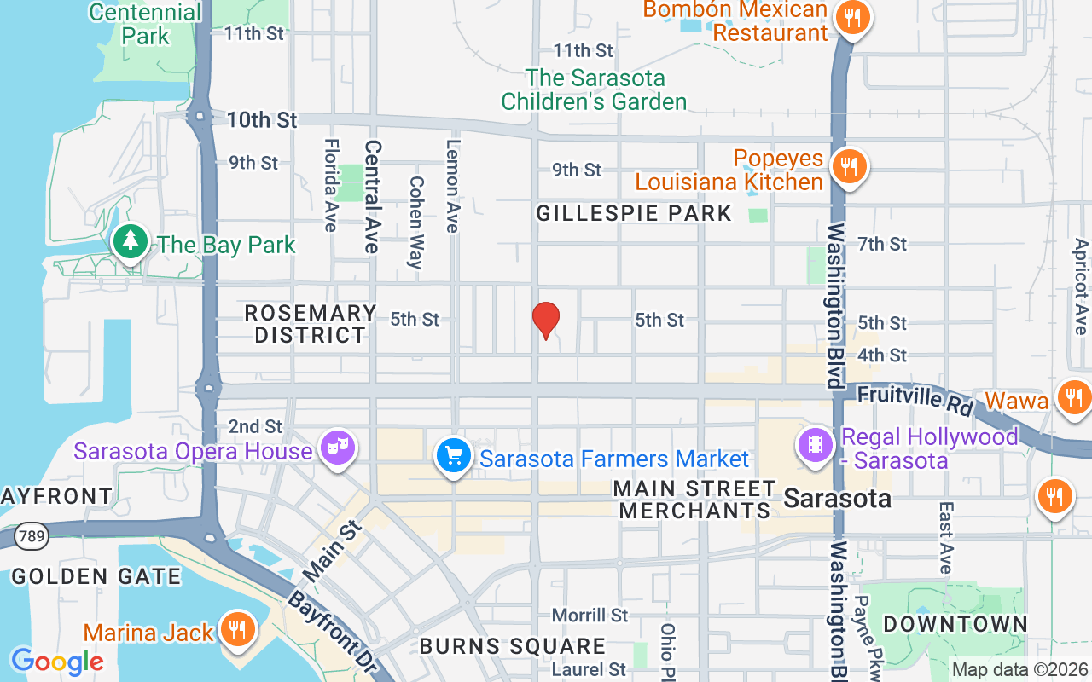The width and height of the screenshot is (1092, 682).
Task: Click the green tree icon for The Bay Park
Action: pyautogui.click(x=130, y=242)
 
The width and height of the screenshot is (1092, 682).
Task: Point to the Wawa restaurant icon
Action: pyautogui.click(x=1072, y=397)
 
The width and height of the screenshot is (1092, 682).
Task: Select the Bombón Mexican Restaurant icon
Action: pyautogui.click(x=851, y=17)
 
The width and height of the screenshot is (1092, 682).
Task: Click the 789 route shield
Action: pyautogui.click(x=31, y=536)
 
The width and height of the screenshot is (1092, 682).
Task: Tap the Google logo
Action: pyautogui.click(x=57, y=661)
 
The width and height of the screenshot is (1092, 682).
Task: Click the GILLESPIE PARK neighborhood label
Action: pyautogui.click(x=634, y=213)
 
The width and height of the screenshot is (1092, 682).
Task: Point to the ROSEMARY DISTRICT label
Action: pyautogui.click(x=311, y=324)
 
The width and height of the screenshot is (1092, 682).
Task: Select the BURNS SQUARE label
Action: pyautogui.click(x=512, y=646)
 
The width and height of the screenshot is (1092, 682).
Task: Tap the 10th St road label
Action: pyautogui.click(x=262, y=120)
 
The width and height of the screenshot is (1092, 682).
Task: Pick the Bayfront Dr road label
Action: pyautogui.click(x=333, y=631)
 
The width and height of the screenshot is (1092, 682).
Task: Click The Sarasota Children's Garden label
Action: pyautogui.click(x=594, y=90)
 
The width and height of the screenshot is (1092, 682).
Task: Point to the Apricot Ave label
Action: pyautogui.click(x=1081, y=286)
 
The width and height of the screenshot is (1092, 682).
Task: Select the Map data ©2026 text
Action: pyautogui.click(x=1020, y=670)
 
